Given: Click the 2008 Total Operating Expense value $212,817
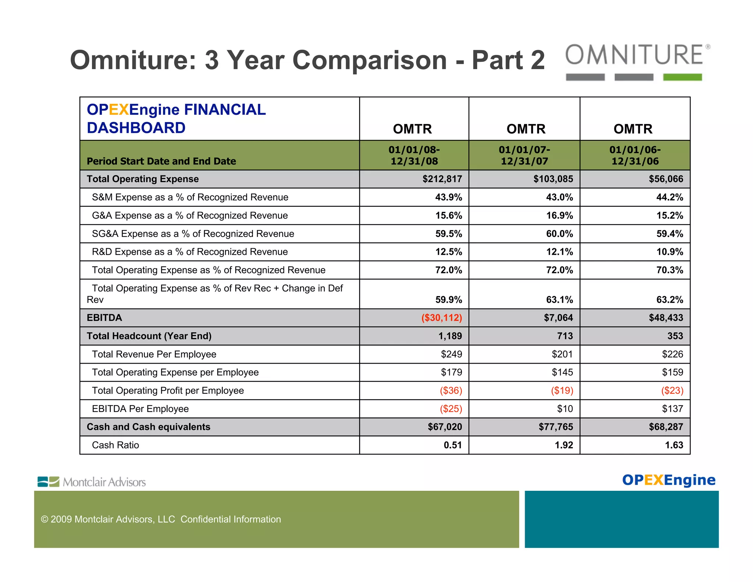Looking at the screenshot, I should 442,179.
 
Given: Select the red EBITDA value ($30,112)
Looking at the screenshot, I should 442,318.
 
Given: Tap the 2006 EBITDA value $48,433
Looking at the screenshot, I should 666,318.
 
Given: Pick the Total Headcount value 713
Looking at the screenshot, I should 565,336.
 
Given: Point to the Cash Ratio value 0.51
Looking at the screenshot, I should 453,445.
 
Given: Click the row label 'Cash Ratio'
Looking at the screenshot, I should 115,445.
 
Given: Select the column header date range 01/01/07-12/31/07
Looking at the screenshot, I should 524,155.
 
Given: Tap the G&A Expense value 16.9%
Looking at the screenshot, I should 559,216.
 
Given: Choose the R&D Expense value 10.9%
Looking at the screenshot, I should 670,252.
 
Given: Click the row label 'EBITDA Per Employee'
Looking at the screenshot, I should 140,409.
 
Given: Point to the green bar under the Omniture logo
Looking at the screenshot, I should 682,77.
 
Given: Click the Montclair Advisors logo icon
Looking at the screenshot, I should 48,482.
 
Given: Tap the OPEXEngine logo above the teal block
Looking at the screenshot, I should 669,480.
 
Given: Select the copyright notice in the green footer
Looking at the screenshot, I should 161,519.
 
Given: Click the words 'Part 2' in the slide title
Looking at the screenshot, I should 508,60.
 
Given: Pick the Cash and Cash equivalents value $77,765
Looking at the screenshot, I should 556,427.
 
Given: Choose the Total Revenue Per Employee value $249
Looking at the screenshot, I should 452,354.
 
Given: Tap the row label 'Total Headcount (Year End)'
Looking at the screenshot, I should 149,336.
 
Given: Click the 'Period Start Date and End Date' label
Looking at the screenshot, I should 161,161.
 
